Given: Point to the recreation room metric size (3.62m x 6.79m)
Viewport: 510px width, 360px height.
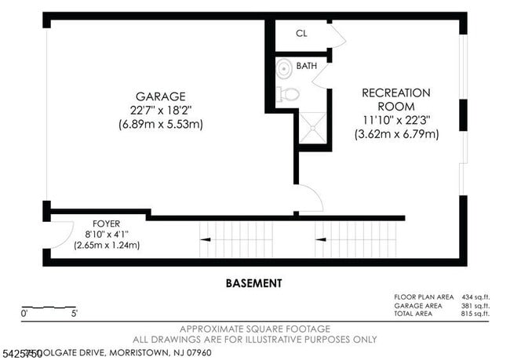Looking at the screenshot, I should [x=396, y=134].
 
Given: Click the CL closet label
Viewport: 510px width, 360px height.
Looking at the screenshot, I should [x=301, y=34].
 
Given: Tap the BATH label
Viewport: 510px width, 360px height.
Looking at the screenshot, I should [x=307, y=67].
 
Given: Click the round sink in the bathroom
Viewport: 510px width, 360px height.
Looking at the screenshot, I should [x=284, y=70].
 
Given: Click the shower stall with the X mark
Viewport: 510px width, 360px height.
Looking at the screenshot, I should [x=312, y=129].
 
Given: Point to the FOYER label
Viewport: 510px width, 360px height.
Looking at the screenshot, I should [x=106, y=224].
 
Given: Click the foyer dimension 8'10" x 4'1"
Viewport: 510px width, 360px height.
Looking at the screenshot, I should [x=106, y=235].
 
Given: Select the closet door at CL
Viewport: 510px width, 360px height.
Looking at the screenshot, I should [x=337, y=36].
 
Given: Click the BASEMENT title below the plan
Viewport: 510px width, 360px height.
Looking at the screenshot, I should [x=253, y=283].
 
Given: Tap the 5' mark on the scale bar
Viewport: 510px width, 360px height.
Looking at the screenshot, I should [x=75, y=314].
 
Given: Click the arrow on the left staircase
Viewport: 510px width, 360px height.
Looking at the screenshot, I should [x=206, y=237].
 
